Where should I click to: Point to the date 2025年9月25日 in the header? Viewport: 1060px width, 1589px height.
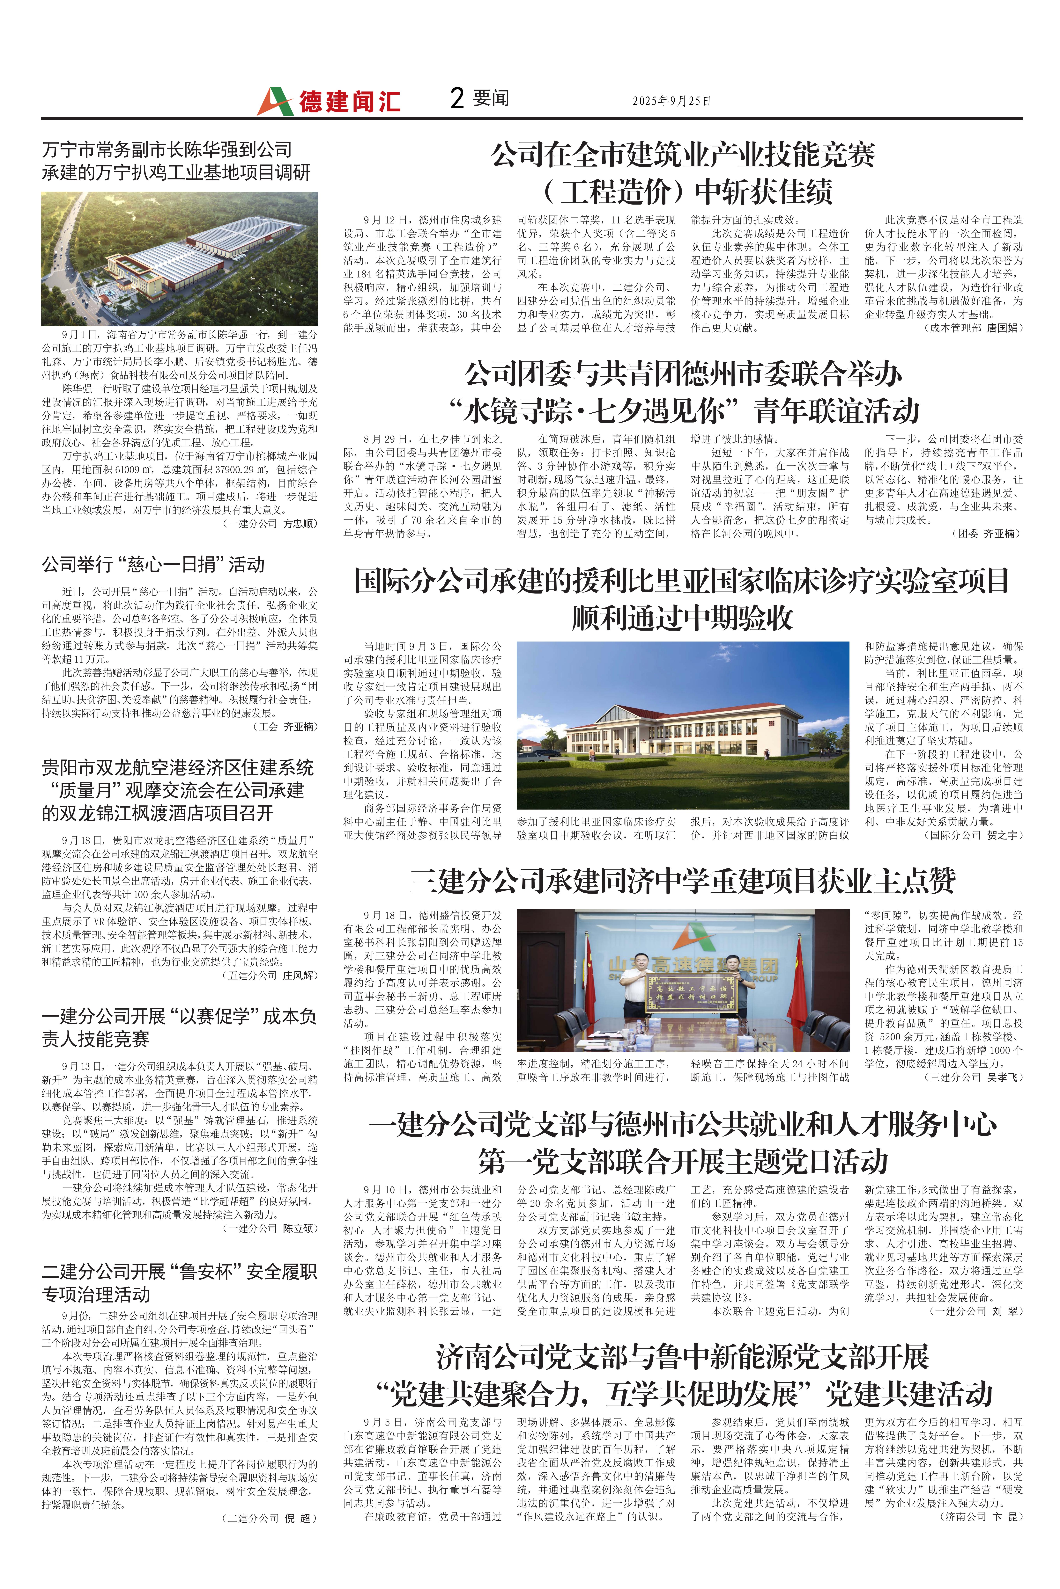click(x=671, y=101)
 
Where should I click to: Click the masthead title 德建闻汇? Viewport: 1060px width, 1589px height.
click(x=350, y=102)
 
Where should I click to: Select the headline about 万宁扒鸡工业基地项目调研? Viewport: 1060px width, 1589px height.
click(x=176, y=161)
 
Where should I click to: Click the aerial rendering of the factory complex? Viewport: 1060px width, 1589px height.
click(x=179, y=259)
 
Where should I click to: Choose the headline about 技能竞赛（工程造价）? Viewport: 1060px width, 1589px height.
click(x=683, y=173)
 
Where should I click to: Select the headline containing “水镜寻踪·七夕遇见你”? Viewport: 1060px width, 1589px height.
click(x=683, y=392)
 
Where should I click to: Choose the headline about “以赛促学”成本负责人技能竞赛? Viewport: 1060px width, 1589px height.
click(x=179, y=1028)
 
